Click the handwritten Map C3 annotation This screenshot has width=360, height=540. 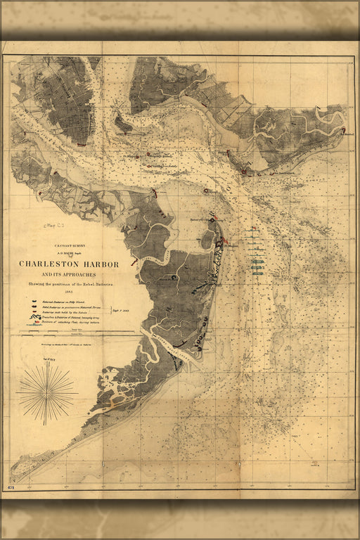[53, 226]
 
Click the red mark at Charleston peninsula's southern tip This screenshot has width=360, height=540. [82, 144]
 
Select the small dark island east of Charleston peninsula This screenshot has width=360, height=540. [123, 125]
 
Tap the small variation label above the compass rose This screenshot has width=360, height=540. [46, 360]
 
